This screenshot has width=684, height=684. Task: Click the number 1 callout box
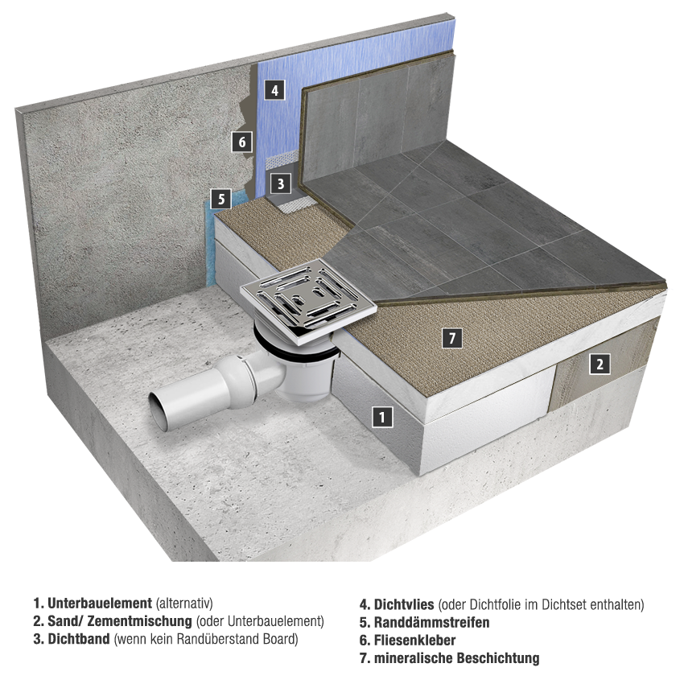tap(382, 417)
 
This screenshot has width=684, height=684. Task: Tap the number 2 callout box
tap(600, 364)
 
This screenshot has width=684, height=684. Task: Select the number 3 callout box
tap(281, 183)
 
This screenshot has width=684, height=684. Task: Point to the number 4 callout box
tap(274, 90)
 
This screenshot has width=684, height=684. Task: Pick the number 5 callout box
tap(221, 199)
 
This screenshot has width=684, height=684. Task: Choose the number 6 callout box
tap(242, 142)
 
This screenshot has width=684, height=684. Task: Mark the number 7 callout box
tap(452, 338)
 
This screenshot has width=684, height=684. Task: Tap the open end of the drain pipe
tap(159, 411)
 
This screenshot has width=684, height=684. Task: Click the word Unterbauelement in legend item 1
tap(100, 604)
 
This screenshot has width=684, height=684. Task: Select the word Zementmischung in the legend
tap(140, 620)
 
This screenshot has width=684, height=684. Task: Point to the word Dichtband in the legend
tap(79, 639)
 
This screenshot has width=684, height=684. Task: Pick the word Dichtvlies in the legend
tap(404, 604)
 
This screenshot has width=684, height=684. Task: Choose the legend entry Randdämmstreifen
tap(424, 622)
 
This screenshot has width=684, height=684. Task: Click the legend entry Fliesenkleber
tap(407, 640)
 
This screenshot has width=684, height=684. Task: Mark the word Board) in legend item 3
tap(281, 639)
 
